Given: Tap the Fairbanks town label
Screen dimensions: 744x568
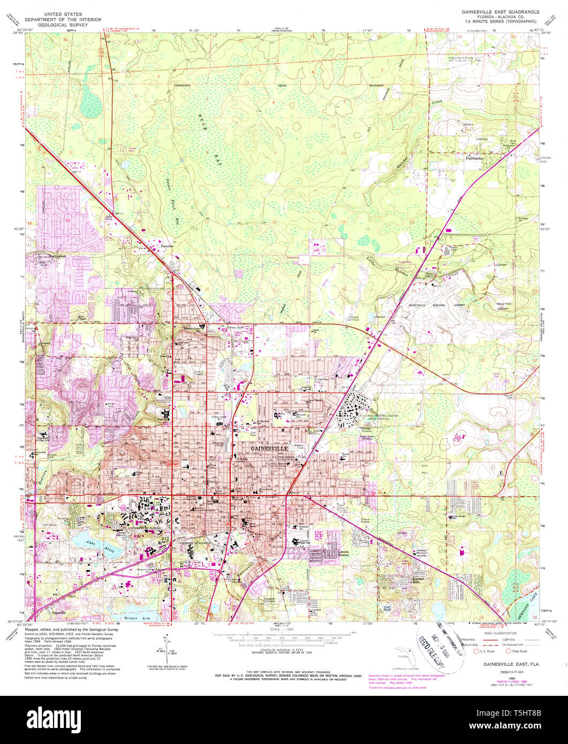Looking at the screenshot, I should tap(474, 158).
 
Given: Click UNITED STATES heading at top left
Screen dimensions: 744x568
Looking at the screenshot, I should tap(63, 12).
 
